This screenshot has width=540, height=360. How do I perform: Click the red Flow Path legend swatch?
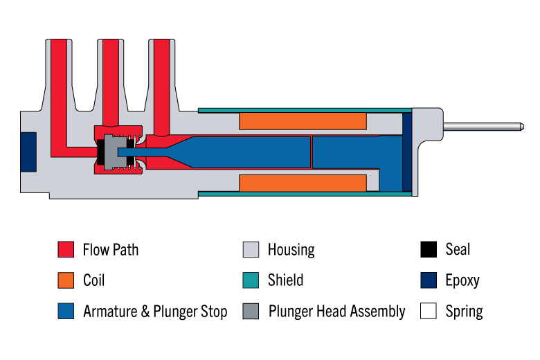point(66,249)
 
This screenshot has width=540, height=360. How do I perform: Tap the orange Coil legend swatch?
point(66,280)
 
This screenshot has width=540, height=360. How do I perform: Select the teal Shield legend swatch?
point(251,280)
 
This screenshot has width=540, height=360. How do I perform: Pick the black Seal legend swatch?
point(429,249)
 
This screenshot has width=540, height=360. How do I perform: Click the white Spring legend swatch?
point(429,311)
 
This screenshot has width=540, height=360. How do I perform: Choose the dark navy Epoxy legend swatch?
point(429,280)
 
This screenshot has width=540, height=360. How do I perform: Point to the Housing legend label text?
point(291,250)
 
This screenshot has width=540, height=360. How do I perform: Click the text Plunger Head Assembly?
point(337,312)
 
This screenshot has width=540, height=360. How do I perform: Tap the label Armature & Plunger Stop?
point(155,312)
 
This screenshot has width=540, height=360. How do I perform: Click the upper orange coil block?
point(303,121)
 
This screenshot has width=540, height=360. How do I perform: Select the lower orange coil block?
point(303,183)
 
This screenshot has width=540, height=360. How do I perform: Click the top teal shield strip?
point(305,111)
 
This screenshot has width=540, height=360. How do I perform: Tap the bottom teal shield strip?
point(305,194)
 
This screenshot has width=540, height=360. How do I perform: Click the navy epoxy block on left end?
point(28,152)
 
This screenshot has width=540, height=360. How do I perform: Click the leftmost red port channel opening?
point(59,42)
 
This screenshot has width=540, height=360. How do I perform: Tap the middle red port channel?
point(111,82)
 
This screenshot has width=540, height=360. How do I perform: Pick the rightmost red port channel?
point(161,87)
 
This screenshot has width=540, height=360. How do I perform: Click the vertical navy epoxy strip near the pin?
point(407,152)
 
